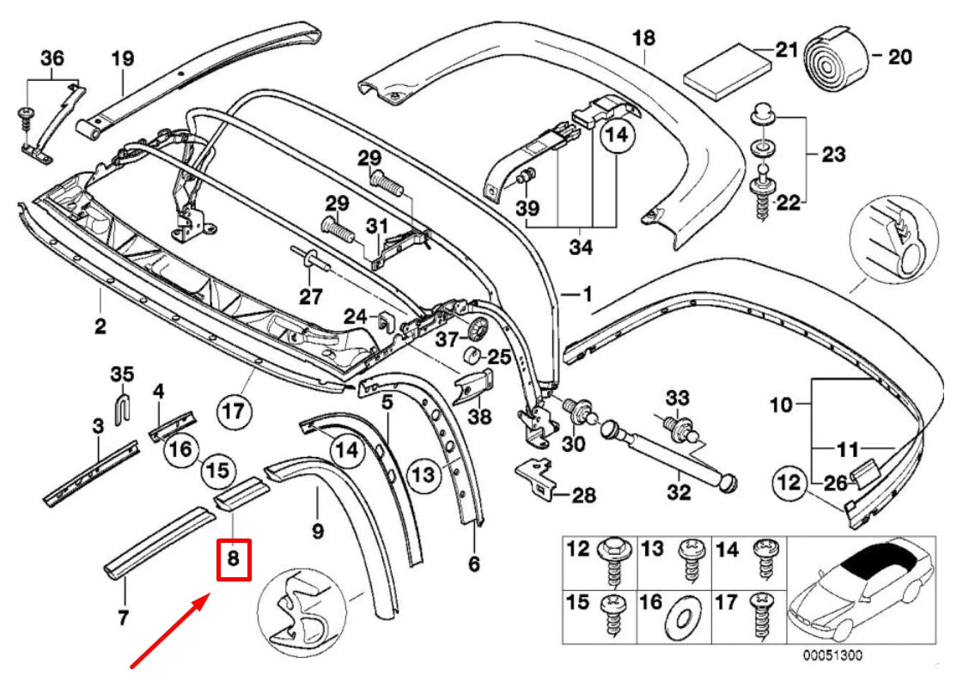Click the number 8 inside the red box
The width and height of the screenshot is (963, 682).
pyautogui.click(x=234, y=560)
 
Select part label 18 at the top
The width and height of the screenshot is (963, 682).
pyautogui.click(x=643, y=38)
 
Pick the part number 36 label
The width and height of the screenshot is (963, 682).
pyautogui.click(x=52, y=58)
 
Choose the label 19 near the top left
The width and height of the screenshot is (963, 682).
pyautogui.click(x=122, y=58)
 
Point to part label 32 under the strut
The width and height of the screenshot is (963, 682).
pyautogui.click(x=678, y=493)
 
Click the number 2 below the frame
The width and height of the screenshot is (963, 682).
pyautogui.click(x=100, y=326)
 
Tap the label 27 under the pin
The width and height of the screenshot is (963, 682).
pyautogui.click(x=310, y=297)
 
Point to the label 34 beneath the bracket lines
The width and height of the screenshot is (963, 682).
pyautogui.click(x=582, y=248)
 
